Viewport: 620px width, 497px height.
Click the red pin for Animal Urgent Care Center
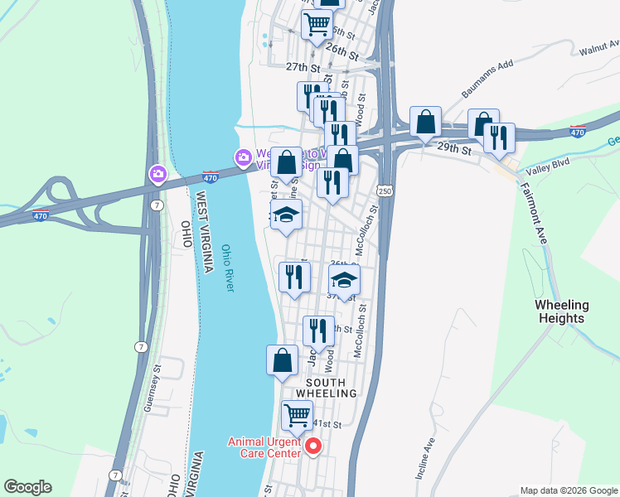tap(313, 447)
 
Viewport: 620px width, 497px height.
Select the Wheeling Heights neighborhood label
tap(561, 311)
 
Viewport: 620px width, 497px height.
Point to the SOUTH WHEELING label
tap(332, 387)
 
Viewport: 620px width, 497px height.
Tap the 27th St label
tap(303, 66)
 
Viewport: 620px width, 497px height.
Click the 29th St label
tap(454, 150)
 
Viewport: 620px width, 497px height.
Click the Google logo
tap(27, 487)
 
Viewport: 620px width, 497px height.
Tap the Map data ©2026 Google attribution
tap(568, 490)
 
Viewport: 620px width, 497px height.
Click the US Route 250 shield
tap(385, 191)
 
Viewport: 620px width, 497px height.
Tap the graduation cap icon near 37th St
tap(345, 279)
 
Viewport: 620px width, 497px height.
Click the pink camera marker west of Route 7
tap(157, 174)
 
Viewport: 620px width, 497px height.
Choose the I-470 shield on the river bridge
tap(211, 176)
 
